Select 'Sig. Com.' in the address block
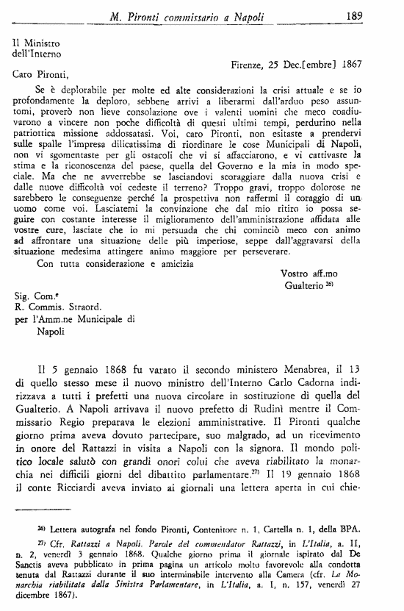35,296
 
